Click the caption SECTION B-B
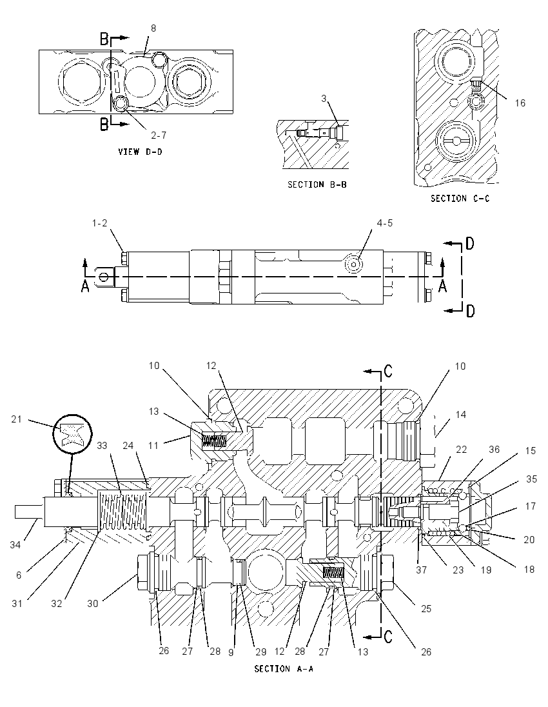[317, 184]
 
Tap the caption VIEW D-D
[140, 152]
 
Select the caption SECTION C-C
[460, 199]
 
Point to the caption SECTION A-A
[284, 668]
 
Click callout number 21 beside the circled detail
[17, 419]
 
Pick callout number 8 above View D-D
[153, 28]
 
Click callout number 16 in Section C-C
[520, 103]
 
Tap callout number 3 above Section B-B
[324, 98]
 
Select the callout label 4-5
[384, 223]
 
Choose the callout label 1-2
[99, 223]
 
